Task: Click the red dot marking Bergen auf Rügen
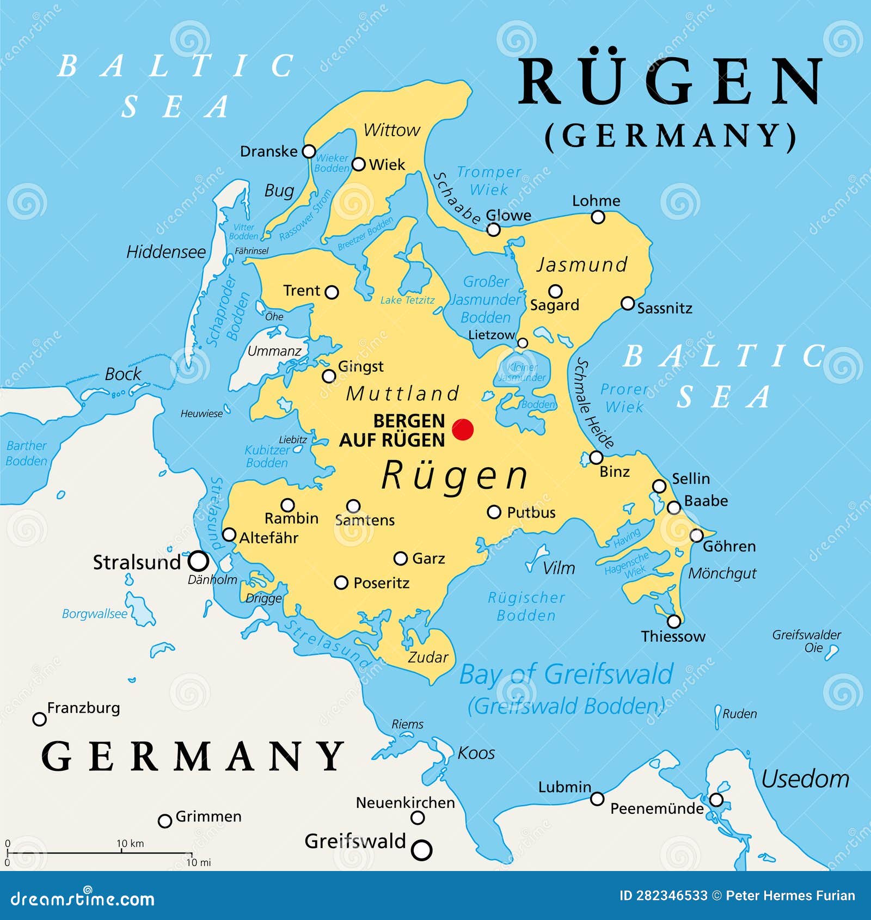click(463, 430)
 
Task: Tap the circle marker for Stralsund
click(199, 561)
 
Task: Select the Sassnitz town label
click(665, 308)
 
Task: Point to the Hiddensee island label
click(166, 252)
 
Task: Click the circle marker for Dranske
click(309, 151)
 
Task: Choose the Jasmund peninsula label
click(582, 265)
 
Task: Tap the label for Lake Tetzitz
click(407, 300)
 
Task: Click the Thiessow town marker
click(674, 621)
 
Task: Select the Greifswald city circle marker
click(422, 850)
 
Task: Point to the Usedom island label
click(805, 779)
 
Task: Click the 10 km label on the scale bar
click(130, 843)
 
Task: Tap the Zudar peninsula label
click(428, 657)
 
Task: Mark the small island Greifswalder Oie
click(831, 652)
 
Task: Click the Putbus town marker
click(494, 512)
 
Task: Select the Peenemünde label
click(657, 808)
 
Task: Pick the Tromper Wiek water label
click(489, 181)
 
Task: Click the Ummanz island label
click(274, 351)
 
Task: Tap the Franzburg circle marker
click(39, 719)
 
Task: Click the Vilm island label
click(559, 568)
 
